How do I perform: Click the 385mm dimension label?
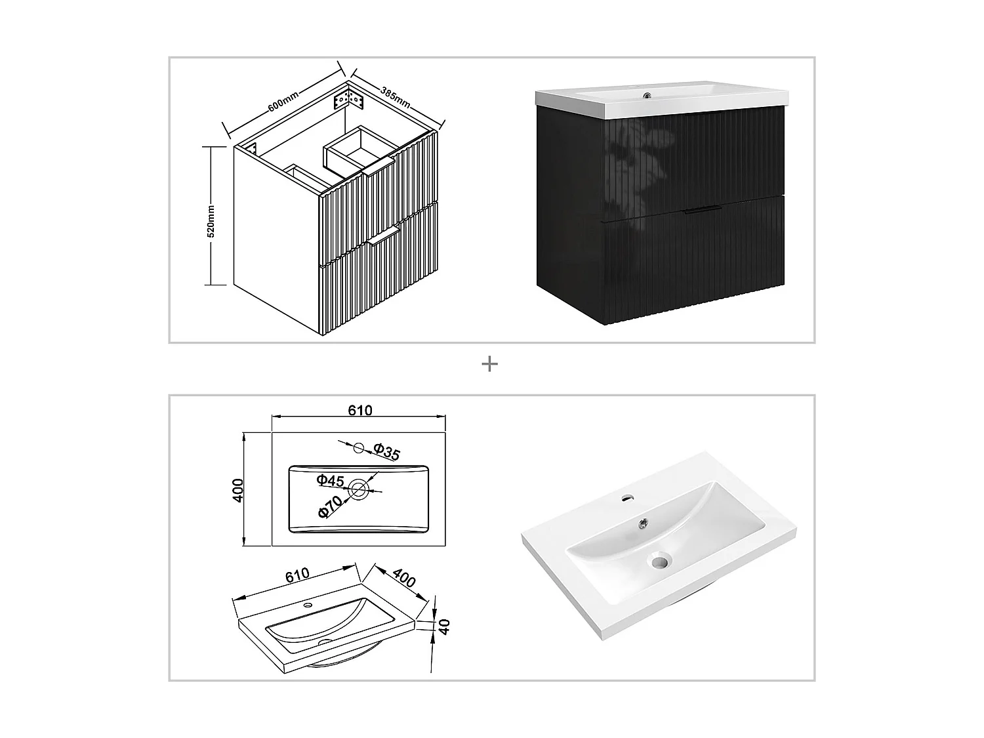(396, 96)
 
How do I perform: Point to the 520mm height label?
(211, 220)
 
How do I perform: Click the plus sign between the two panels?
(489, 364)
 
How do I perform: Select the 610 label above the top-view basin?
(360, 410)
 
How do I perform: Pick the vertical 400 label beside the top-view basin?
(237, 490)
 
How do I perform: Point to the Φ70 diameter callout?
(330, 508)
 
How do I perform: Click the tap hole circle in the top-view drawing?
(358, 447)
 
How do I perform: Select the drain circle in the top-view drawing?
(358, 489)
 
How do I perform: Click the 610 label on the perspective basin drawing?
(297, 575)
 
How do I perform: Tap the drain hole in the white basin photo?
(659, 561)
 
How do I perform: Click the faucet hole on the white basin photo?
(627, 498)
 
